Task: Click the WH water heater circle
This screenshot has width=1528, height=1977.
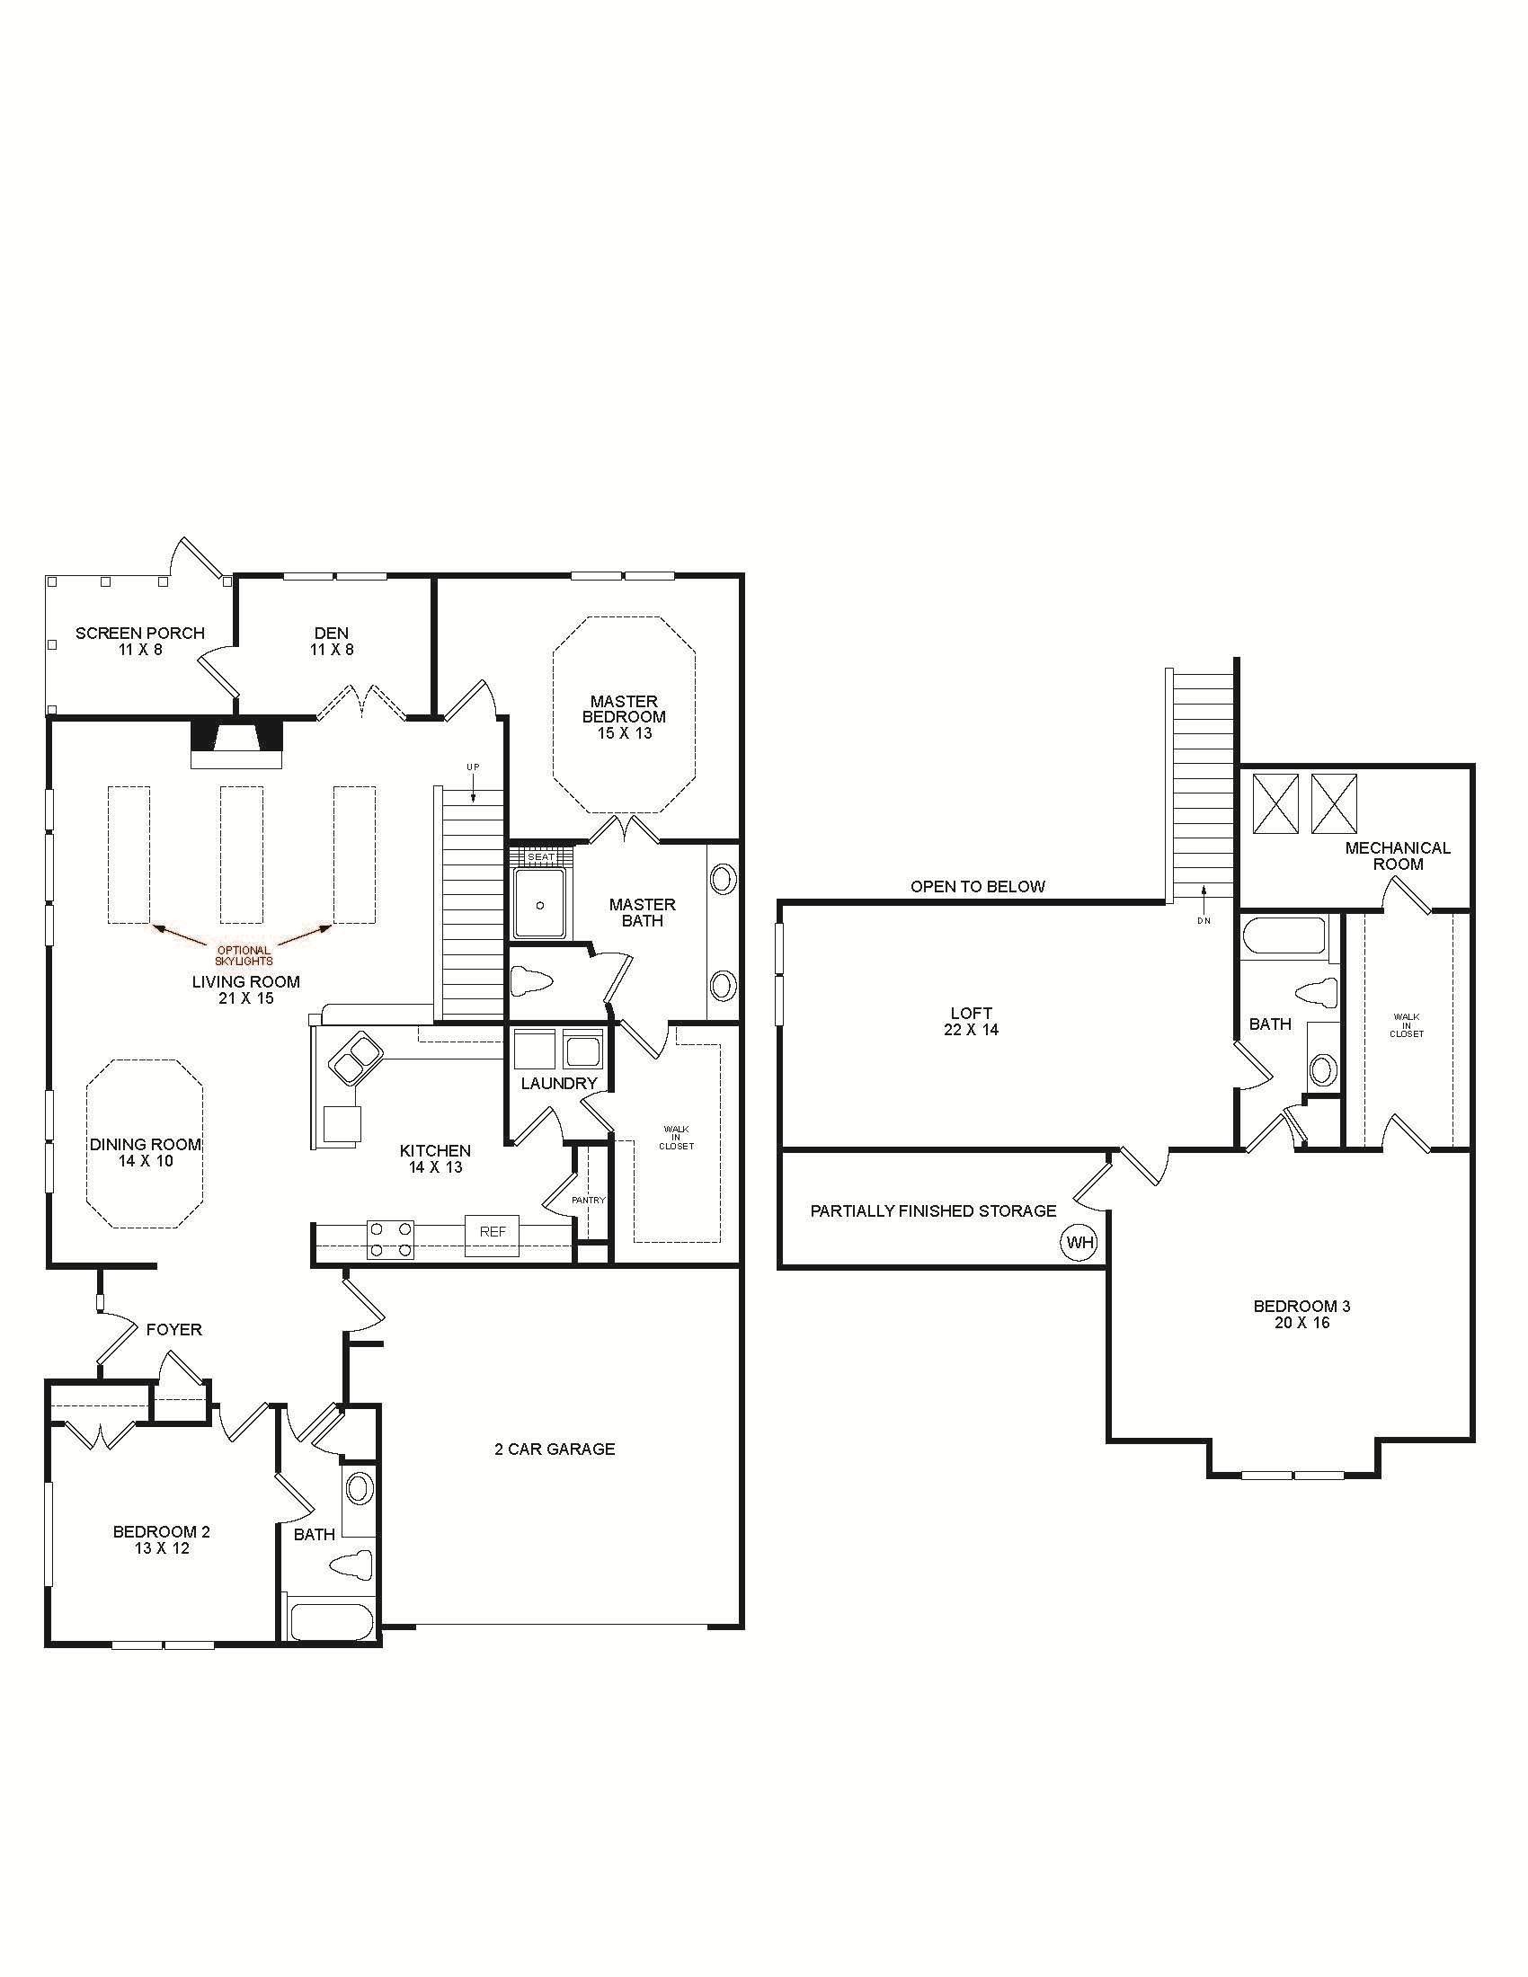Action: point(1079,1243)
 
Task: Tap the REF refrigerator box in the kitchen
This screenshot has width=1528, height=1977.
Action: point(493,1232)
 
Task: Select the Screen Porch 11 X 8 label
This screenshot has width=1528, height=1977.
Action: point(140,641)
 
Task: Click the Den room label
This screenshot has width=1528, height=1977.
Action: point(333,641)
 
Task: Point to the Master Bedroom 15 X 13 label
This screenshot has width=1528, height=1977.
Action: point(625,717)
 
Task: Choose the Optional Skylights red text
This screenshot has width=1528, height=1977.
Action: point(244,955)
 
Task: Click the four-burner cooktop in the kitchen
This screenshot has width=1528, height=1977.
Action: point(391,1239)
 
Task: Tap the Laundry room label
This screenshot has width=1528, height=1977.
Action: point(559,1084)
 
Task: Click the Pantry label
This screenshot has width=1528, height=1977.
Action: point(589,1200)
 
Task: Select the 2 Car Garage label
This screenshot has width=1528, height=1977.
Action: point(555,1450)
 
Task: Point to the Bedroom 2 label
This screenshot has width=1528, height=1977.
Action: point(162,1539)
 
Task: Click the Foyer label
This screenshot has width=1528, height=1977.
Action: point(174,1330)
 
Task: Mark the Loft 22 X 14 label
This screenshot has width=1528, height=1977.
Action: point(972,1021)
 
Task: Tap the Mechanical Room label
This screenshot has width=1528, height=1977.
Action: point(1398,856)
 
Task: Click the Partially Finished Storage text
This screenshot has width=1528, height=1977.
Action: point(933,1210)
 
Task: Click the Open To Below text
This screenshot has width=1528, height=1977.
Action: point(978,886)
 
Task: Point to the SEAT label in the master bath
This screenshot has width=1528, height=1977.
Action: point(540,856)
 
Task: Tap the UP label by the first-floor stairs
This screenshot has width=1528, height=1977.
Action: point(473,767)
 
